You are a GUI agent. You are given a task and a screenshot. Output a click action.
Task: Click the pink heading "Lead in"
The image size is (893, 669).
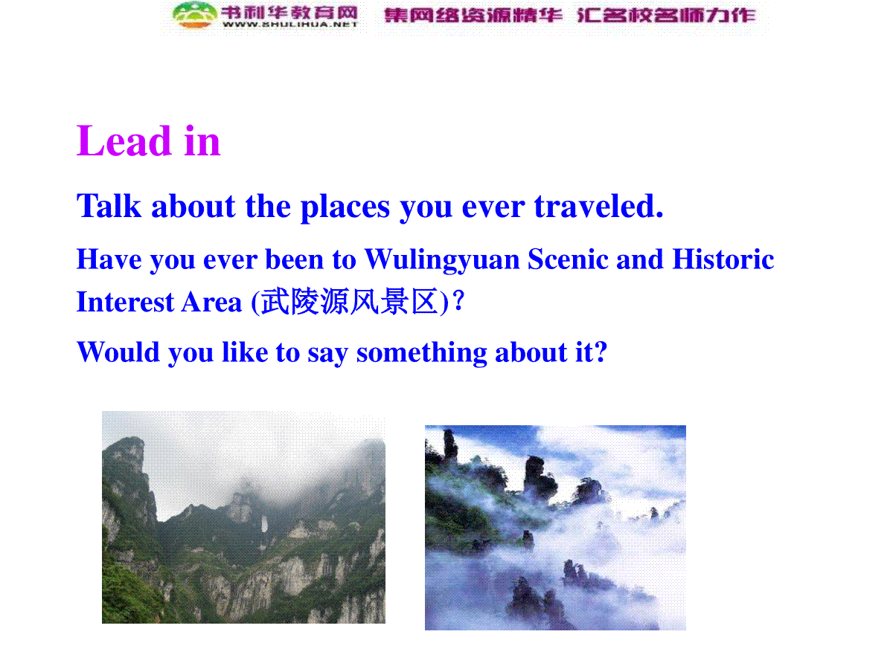tap(148, 140)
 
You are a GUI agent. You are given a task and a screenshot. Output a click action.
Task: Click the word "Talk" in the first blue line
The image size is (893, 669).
tap(109, 206)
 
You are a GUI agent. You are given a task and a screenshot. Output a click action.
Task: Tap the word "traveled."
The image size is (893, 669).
tap(598, 206)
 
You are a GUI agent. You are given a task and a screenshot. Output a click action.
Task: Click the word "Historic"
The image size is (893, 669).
tap(723, 259)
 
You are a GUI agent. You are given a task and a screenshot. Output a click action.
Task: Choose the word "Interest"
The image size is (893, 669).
tap(125, 302)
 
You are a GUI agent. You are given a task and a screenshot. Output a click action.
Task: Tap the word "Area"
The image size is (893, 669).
tap(211, 302)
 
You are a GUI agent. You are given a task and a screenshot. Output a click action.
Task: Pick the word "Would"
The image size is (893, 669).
tap(118, 352)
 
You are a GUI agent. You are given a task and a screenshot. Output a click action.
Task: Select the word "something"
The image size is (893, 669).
tap(421, 353)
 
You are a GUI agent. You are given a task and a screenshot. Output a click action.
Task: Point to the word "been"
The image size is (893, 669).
tap(294, 259)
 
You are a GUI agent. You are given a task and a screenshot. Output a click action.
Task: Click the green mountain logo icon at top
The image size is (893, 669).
tap(194, 15)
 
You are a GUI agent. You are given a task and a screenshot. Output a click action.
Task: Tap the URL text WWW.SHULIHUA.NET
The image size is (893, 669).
tap(289, 25)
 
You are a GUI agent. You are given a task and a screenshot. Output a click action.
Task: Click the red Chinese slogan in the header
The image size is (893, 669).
tap(569, 15)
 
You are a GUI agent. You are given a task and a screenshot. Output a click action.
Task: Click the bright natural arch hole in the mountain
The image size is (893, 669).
tap(264, 523)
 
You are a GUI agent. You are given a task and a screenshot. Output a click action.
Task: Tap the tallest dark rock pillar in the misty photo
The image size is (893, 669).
tap(449, 446)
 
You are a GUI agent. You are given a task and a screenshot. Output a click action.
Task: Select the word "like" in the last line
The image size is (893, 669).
tap(245, 352)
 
